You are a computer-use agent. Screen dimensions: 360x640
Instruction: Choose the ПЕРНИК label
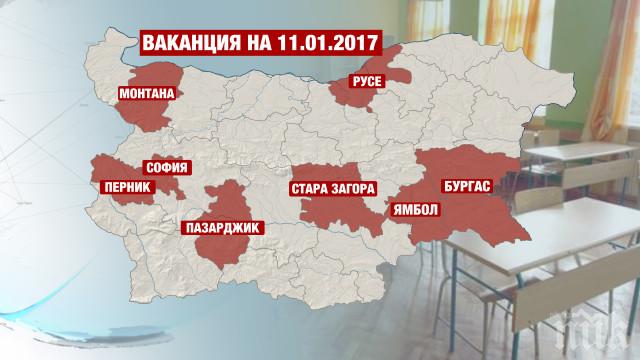point(118,186)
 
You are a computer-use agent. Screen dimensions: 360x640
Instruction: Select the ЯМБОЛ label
point(410,210)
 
